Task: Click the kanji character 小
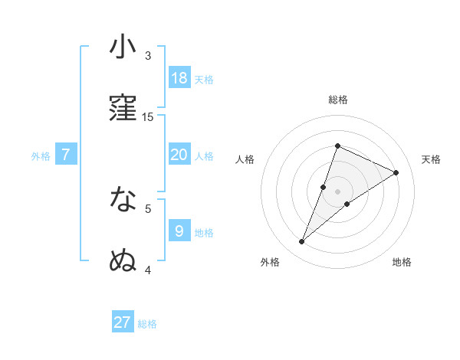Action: coord(123,47)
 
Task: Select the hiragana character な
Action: coord(123,200)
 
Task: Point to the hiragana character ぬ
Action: coord(123,260)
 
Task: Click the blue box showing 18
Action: coord(179,78)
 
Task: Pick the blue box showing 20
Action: coord(179,155)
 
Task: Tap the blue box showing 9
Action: coord(179,231)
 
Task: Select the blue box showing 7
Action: coord(66,155)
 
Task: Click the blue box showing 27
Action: coord(123,322)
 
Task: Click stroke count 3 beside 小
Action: coord(148,56)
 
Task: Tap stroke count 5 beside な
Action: coord(148,208)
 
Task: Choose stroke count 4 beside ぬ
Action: coord(148,270)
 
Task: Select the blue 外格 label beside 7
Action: coord(41,156)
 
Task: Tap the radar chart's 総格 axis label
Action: coord(338,100)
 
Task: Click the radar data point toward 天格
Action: coord(396,173)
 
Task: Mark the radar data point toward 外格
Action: coord(301,242)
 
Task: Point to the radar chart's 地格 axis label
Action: coord(402,263)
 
